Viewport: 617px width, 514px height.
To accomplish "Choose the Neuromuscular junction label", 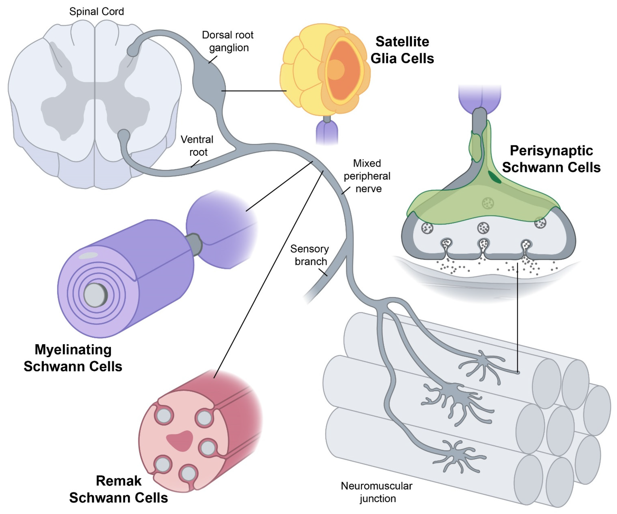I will (377, 492).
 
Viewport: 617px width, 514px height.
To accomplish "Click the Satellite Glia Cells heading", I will (402, 50).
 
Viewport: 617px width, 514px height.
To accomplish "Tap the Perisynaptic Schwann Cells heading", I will (551, 159).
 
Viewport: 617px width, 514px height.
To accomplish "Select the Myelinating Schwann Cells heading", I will (73, 358).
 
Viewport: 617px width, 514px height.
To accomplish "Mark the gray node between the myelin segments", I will (194, 244).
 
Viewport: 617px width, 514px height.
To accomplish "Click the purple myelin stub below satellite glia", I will (327, 132).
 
